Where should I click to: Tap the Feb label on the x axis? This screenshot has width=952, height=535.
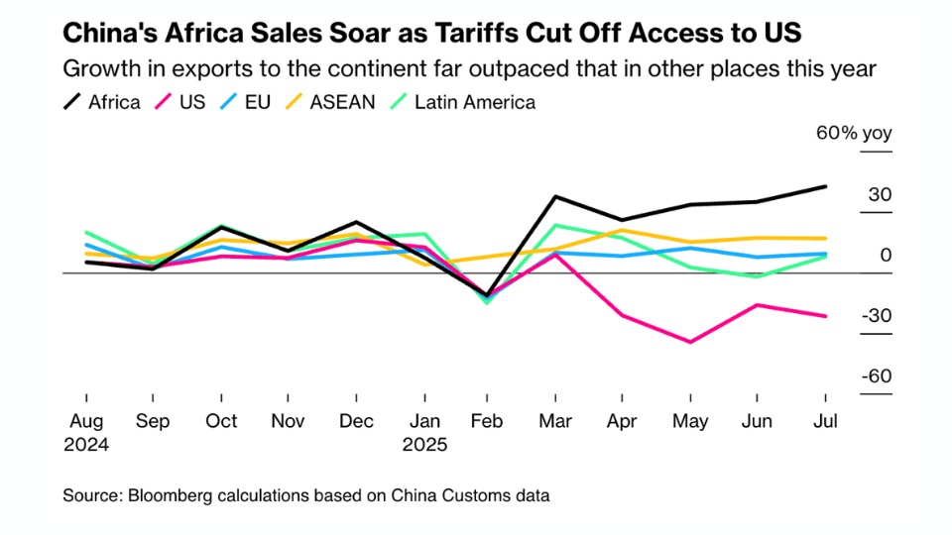tap(488, 421)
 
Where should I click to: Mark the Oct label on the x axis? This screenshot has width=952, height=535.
tap(221, 421)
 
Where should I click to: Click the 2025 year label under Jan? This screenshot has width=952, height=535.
tap(424, 444)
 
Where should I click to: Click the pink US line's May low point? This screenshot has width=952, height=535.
tap(690, 342)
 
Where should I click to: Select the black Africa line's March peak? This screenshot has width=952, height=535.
tap(555, 197)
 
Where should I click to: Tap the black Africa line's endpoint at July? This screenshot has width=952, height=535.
tap(826, 186)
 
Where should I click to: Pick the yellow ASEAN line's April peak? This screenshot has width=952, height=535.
tap(622, 230)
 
